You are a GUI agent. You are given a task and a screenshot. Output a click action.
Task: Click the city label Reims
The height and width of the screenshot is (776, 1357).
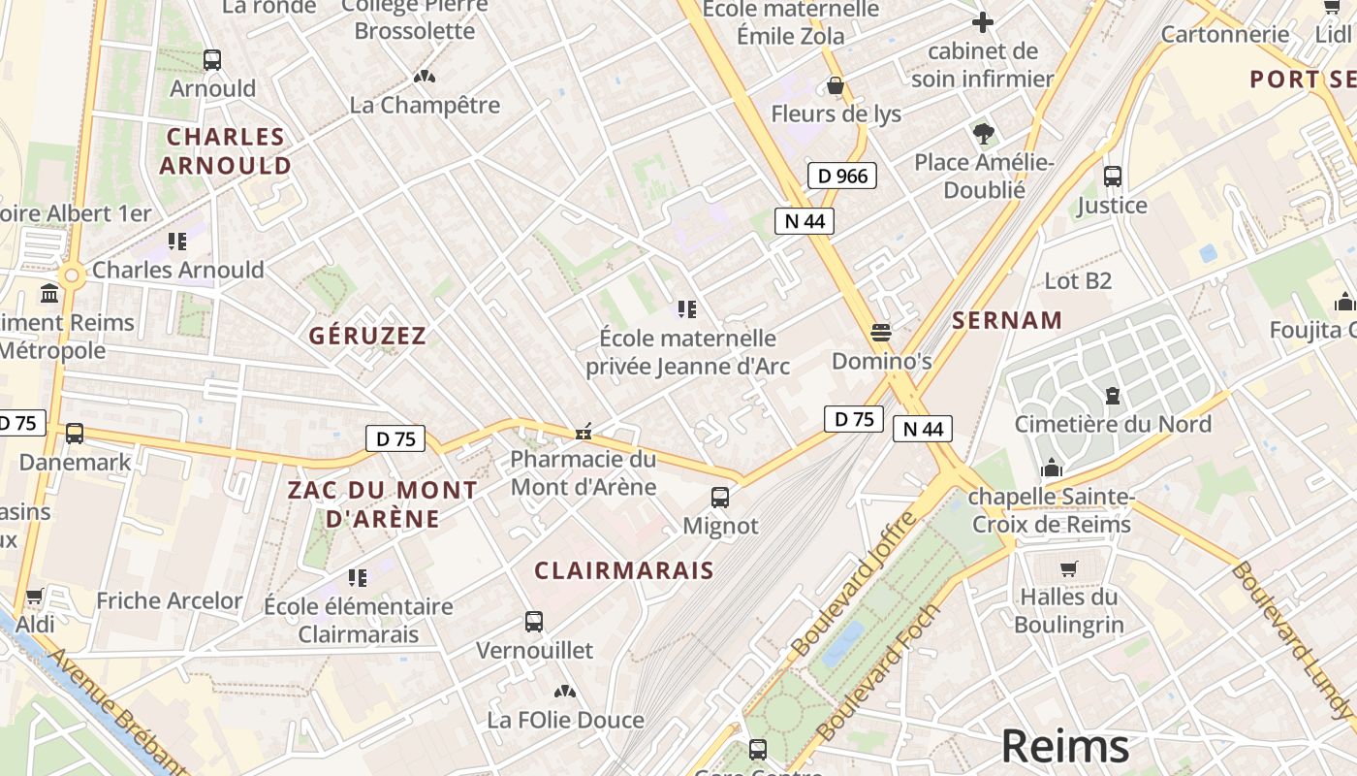(1064, 746)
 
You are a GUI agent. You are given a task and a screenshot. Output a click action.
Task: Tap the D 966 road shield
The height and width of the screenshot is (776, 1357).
(841, 176)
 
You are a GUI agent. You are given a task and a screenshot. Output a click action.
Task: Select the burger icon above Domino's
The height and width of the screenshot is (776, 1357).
(881, 333)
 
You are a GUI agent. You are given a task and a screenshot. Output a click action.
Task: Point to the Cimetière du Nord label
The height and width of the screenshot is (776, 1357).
(1113, 424)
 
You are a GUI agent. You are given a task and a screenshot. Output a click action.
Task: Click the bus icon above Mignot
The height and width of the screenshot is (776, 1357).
(720, 498)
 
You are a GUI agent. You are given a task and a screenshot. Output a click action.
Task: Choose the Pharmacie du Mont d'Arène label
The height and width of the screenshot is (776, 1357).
(584, 472)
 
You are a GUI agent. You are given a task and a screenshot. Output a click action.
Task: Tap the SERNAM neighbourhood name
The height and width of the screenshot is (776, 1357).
(1007, 320)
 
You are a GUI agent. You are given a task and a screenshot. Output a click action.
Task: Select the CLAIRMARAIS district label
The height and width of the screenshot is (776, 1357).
(623, 570)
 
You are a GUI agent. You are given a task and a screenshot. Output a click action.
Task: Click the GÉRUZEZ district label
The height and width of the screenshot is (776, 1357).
(367, 336)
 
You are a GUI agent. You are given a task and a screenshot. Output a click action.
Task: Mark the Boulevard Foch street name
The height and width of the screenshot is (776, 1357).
(878, 672)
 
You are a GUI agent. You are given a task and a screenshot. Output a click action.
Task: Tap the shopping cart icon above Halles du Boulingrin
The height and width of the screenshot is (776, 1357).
(1069, 568)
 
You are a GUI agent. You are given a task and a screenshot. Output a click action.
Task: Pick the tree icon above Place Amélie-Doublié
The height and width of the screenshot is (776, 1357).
(984, 134)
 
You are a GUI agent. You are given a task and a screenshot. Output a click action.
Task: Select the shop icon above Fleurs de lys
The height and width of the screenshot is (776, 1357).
(836, 86)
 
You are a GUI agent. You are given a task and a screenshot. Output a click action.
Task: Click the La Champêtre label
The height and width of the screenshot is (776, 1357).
(425, 105)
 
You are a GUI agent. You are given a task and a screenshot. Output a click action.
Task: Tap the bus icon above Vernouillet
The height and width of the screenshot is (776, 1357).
(533, 622)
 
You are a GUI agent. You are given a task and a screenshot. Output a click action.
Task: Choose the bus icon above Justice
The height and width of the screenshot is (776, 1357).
(1112, 177)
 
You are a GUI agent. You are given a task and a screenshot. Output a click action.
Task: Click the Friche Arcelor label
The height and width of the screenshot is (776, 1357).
(169, 600)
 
